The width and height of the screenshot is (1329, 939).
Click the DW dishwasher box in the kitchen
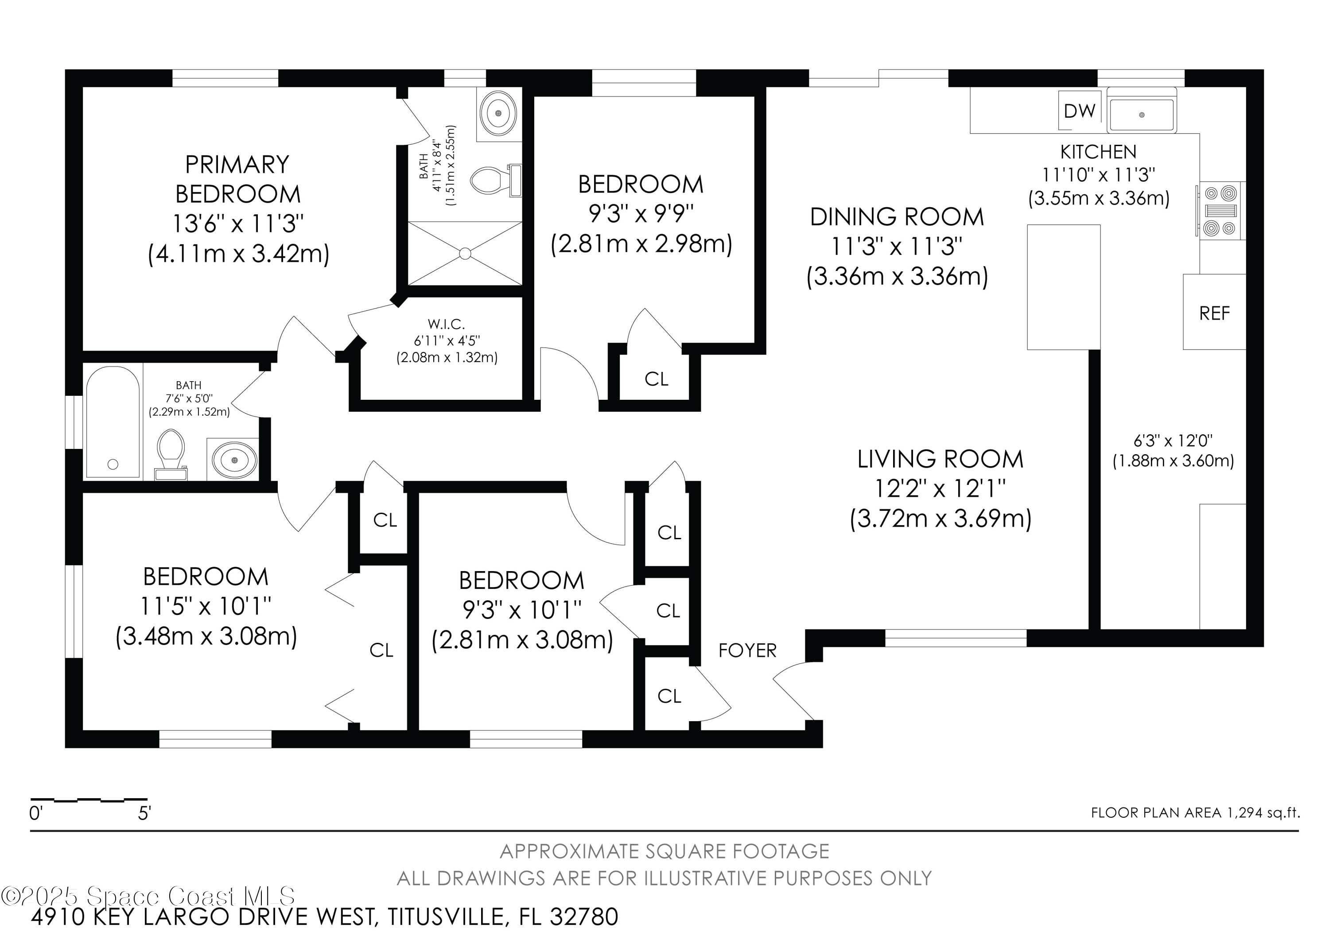[x=1080, y=111]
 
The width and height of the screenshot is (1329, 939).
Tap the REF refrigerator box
[x=1214, y=313]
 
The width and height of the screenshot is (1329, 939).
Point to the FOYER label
[x=747, y=651]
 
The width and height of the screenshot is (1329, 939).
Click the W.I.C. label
[x=446, y=325]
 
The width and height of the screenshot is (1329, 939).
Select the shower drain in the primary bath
[x=465, y=253]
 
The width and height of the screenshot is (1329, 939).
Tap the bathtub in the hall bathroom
[x=113, y=422]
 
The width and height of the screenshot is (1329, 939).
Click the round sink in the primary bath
[x=499, y=114]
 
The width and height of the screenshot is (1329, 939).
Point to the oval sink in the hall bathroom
[x=234, y=460]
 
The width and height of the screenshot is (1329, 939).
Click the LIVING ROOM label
[x=940, y=460]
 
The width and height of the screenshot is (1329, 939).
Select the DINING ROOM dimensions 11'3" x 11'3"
[x=897, y=247]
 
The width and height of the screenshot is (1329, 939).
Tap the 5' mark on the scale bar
[x=144, y=813]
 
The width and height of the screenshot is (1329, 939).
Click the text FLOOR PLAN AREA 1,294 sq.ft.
[x=1195, y=813]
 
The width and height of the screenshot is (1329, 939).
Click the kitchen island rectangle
[x=1064, y=287]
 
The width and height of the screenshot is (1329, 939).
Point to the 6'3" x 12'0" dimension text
[x=1173, y=441]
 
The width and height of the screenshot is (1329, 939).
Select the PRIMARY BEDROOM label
[x=237, y=179]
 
